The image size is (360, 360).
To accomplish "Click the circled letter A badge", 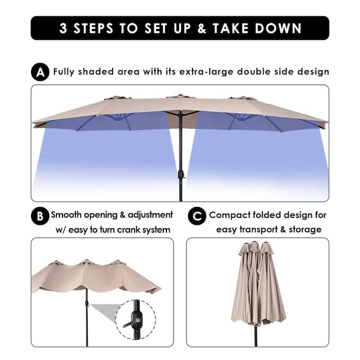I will click(x=40, y=72).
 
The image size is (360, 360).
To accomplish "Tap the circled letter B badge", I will click(x=40, y=216).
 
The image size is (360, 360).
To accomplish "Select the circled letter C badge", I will click(x=197, y=216).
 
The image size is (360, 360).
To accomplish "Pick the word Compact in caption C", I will click(x=229, y=216).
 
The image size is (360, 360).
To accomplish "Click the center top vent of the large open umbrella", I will click(x=180, y=96).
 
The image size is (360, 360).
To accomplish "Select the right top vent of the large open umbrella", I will click(x=243, y=98).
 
